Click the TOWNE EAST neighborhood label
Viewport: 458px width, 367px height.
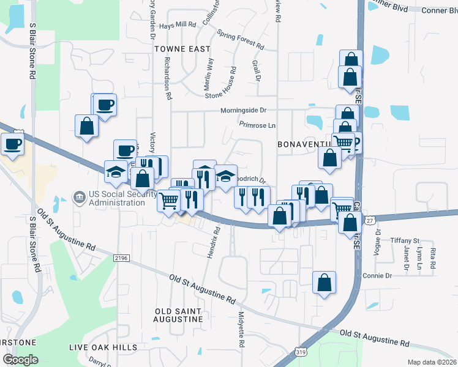[x=182, y=48]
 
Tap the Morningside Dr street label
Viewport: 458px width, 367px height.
[x=244, y=111]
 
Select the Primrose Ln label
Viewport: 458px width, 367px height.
[x=258, y=125]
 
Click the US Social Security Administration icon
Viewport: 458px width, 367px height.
[x=79, y=198]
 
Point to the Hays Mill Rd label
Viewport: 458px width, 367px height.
[x=177, y=25]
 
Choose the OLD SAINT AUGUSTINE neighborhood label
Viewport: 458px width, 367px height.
[x=178, y=315]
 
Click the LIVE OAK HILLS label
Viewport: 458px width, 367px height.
[x=103, y=347]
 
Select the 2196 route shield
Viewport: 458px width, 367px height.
[x=121, y=259]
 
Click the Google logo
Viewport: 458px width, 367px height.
[x=20, y=359]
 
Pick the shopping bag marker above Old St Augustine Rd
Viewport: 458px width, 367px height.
[x=324, y=283]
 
